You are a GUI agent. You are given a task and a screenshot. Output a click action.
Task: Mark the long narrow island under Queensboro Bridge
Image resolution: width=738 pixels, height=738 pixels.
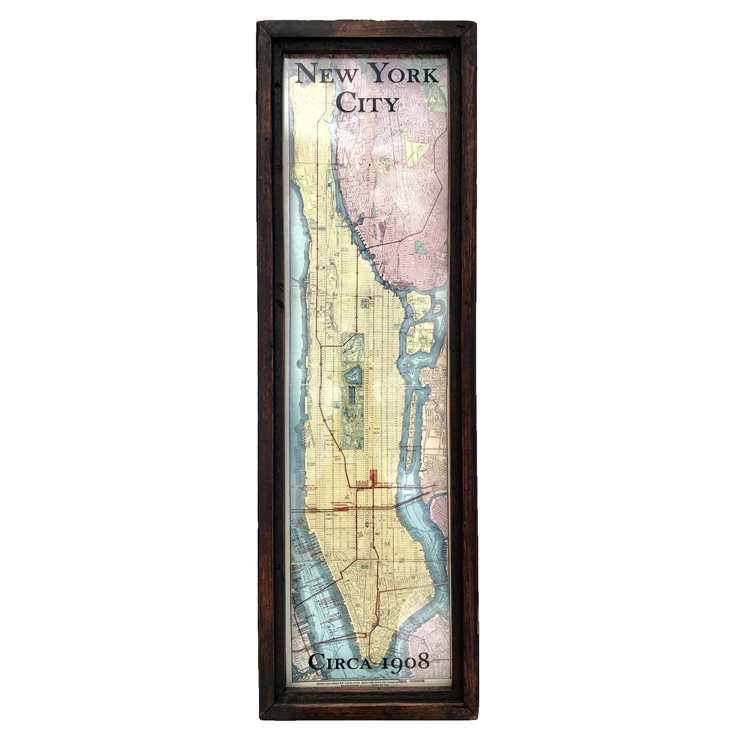point(412,423)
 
